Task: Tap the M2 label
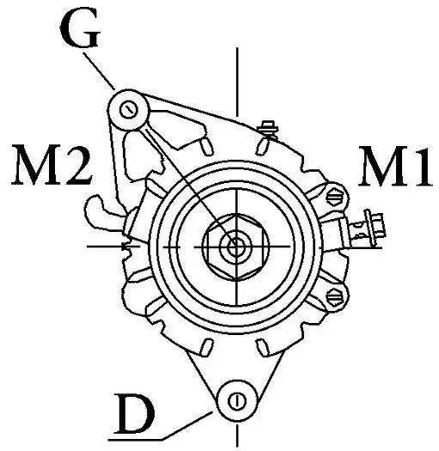pos(52,165)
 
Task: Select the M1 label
pos(394,167)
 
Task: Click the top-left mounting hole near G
pos(129,110)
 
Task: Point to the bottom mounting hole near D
pos(237,401)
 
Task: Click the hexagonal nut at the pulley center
pos(236,247)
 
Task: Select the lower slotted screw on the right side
pos(336,296)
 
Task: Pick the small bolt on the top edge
pos(269,129)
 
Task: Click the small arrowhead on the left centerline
pos(126,247)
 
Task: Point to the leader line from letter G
pos(99,70)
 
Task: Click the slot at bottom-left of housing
pos(207,347)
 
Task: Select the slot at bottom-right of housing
pos(262,348)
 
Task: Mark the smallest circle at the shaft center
pos(236,247)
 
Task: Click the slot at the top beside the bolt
pos(262,146)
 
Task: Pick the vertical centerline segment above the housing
pos(237,82)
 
